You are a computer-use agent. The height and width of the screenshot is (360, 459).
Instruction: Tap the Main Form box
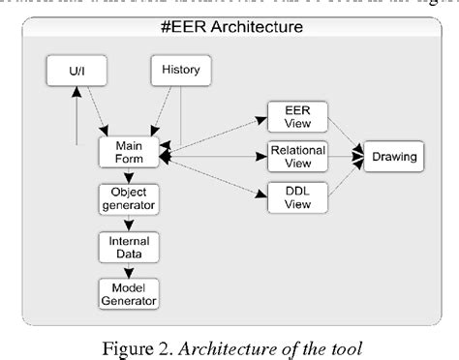coord(128,153)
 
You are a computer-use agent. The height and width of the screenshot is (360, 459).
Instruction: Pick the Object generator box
coord(128,198)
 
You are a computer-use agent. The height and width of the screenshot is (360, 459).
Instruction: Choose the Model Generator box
coord(128,292)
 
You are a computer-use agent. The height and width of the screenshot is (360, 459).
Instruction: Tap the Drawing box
coord(392,155)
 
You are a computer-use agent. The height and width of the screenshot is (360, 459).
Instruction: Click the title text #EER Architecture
coord(230,26)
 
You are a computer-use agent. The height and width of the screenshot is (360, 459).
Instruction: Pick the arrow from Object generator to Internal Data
coord(128,223)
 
